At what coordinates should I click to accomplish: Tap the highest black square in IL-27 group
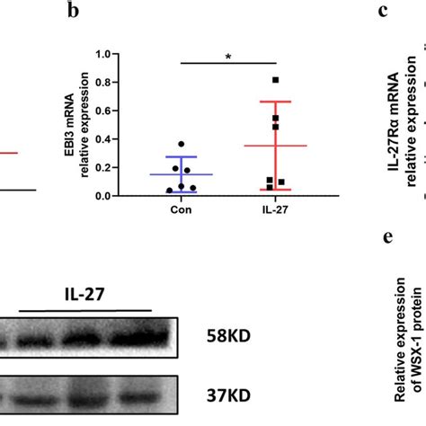click(276, 80)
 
